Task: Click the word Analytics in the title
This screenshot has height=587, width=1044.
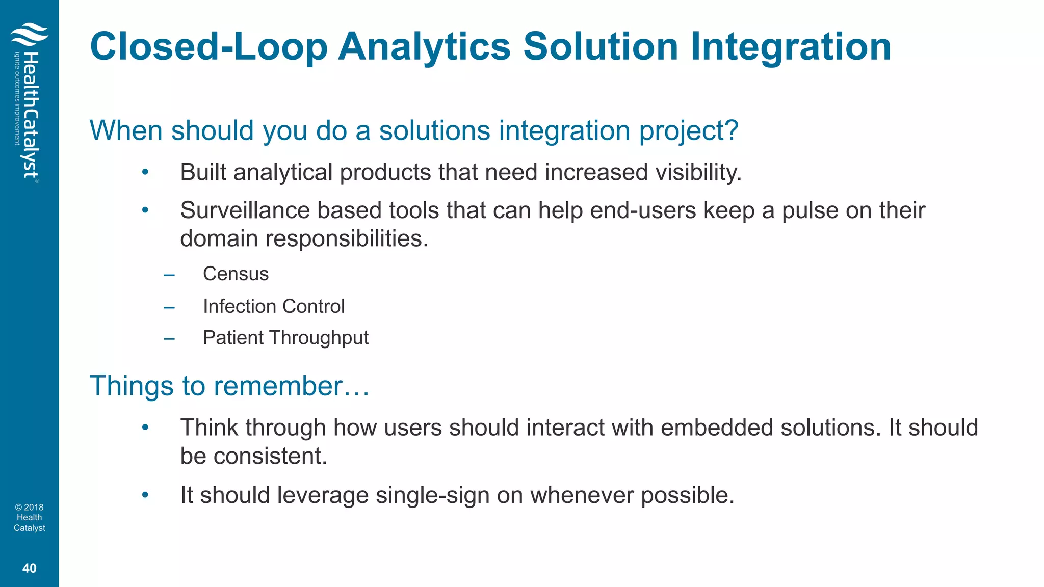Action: click(x=424, y=47)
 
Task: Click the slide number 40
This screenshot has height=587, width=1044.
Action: click(x=30, y=568)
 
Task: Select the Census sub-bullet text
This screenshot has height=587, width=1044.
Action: click(x=236, y=274)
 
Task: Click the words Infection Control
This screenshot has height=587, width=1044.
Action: click(x=274, y=306)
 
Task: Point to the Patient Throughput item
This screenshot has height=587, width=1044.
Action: click(x=285, y=338)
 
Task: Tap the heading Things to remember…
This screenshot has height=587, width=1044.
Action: click(x=229, y=386)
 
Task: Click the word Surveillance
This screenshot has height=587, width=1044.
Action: click(x=245, y=210)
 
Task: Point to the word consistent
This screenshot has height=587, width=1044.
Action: click(x=270, y=456)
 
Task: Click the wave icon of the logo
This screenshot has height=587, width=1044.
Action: click(x=29, y=34)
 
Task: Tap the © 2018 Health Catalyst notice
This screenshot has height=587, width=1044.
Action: click(x=30, y=518)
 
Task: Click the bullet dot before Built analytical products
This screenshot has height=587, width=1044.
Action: click(x=145, y=172)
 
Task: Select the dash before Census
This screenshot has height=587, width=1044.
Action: click(x=169, y=275)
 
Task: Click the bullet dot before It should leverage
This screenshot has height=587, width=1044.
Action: click(x=145, y=495)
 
